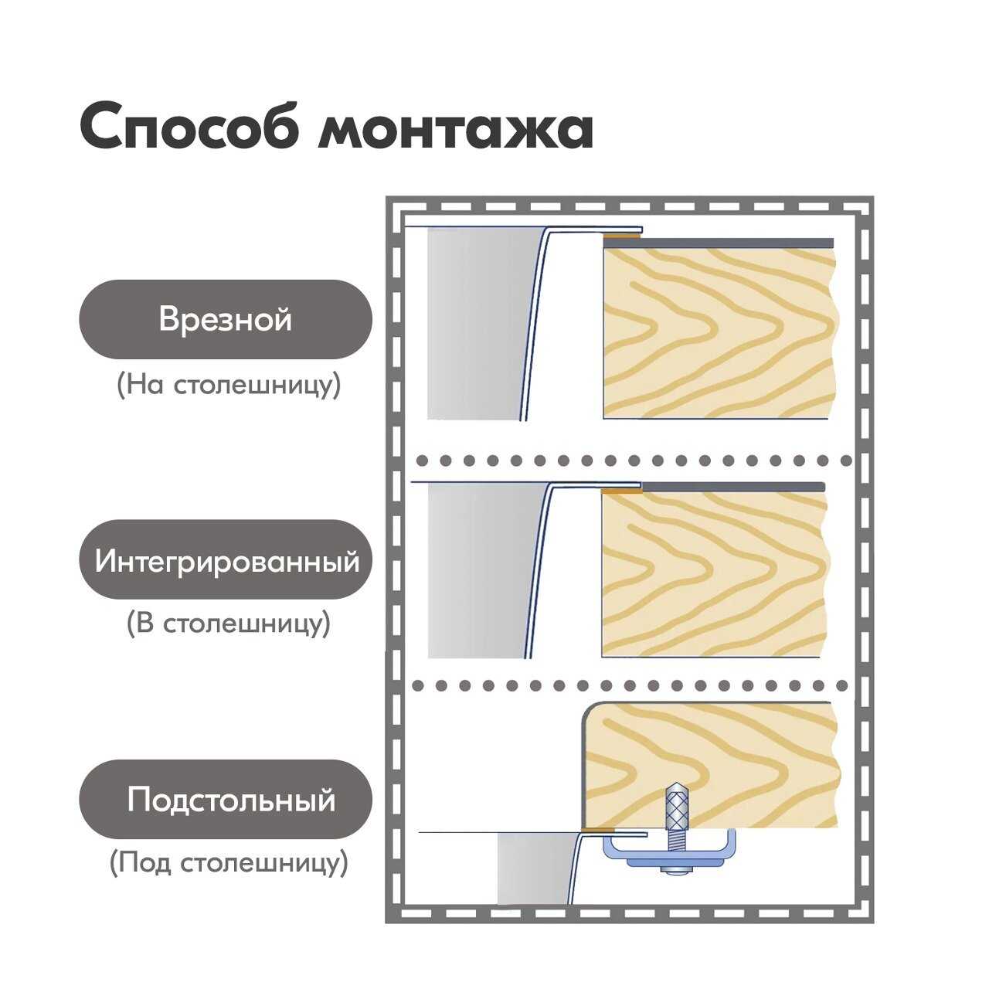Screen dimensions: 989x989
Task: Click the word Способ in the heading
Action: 189,127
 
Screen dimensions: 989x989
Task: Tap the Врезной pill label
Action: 225,319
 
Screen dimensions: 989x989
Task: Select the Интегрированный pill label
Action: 226,560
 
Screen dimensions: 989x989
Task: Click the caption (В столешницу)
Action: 228,623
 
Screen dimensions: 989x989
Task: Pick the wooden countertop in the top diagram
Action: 719,332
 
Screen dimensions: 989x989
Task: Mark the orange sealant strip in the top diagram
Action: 622,235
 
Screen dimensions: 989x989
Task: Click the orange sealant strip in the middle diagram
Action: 622,490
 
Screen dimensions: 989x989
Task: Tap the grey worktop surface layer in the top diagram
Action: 734,242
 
